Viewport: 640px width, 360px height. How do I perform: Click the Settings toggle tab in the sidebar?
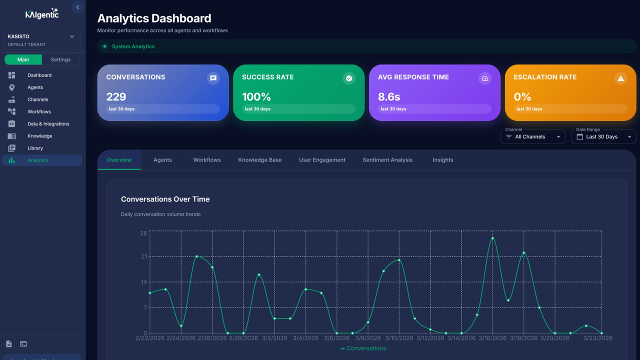[60, 59]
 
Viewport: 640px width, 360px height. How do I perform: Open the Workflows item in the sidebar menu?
[39, 111]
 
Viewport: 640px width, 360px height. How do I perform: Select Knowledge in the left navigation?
[39, 136]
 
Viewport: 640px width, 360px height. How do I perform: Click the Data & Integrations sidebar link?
[48, 123]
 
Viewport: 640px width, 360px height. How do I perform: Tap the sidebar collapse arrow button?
[77, 7]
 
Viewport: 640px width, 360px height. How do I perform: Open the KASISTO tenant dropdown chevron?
[72, 36]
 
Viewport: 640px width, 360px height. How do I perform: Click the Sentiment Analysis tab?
[387, 160]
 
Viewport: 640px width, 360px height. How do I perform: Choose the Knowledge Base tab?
[259, 160]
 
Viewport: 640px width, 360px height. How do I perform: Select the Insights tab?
[442, 160]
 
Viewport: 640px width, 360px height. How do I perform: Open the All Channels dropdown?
[532, 137]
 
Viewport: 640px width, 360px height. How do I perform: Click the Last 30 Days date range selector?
[603, 137]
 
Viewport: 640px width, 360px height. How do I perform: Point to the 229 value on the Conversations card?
[116, 97]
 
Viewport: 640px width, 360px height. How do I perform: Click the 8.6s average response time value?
[389, 97]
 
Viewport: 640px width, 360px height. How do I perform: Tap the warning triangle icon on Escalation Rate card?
[620, 78]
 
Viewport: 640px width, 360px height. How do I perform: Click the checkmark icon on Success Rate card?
[349, 78]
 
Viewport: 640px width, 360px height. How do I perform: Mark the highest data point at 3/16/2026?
[492, 238]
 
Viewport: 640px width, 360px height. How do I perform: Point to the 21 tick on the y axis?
[144, 256]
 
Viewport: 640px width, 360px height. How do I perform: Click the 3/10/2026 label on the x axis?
[399, 338]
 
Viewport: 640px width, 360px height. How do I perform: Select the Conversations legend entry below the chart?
[363, 348]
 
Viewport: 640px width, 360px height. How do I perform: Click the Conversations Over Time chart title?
[165, 199]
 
